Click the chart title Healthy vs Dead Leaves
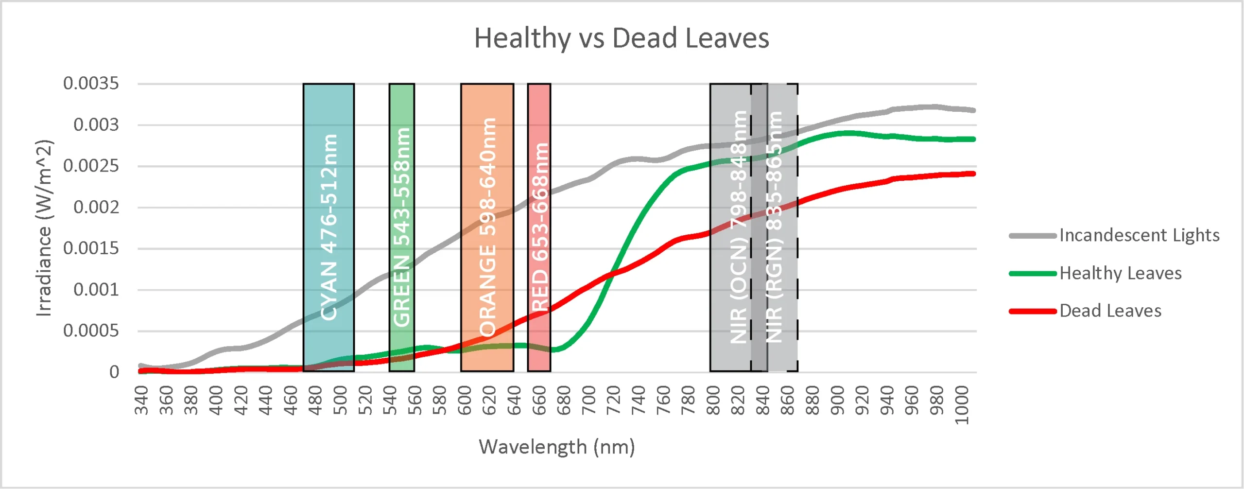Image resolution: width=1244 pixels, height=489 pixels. click(622, 38)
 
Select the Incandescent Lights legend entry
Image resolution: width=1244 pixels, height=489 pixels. click(1139, 236)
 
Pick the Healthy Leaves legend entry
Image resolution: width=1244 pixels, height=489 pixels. click(1120, 274)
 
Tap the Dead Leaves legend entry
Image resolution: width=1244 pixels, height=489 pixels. click(1110, 311)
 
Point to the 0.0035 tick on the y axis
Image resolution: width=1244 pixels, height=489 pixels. click(91, 84)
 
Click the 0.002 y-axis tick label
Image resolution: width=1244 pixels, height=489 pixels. click(96, 208)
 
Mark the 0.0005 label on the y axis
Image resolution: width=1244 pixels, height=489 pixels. click(91, 331)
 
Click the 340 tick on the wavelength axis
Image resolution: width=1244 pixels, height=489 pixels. click(141, 400)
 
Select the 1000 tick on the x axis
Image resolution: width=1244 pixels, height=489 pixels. click(962, 405)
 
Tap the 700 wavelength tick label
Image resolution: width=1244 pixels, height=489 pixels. click(588, 400)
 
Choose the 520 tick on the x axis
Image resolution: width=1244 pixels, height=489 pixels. click(365, 400)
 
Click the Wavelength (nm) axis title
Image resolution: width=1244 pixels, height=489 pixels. click(557, 447)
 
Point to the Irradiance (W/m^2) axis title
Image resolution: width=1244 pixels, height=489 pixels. click(44, 228)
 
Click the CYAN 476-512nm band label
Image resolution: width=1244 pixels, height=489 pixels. click(329, 227)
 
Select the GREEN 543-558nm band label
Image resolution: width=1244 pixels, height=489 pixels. click(402, 227)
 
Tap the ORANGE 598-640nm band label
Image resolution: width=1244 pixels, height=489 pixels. click(487, 227)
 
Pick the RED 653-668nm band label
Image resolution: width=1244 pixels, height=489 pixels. click(539, 227)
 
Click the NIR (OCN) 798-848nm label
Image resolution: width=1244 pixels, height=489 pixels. click(739, 227)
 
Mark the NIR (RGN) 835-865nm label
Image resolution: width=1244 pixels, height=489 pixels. click(775, 227)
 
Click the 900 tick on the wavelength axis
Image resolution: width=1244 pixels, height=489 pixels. click(837, 400)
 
